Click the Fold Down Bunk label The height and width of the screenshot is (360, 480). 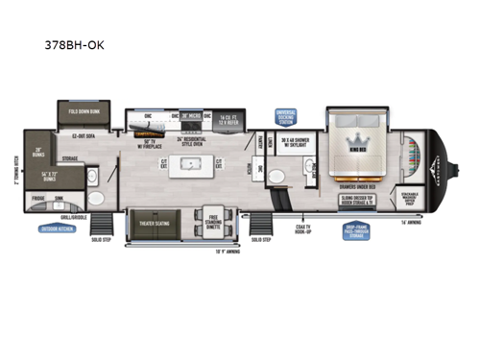(x=85, y=112)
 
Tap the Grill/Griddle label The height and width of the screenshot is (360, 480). (x=61, y=217)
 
